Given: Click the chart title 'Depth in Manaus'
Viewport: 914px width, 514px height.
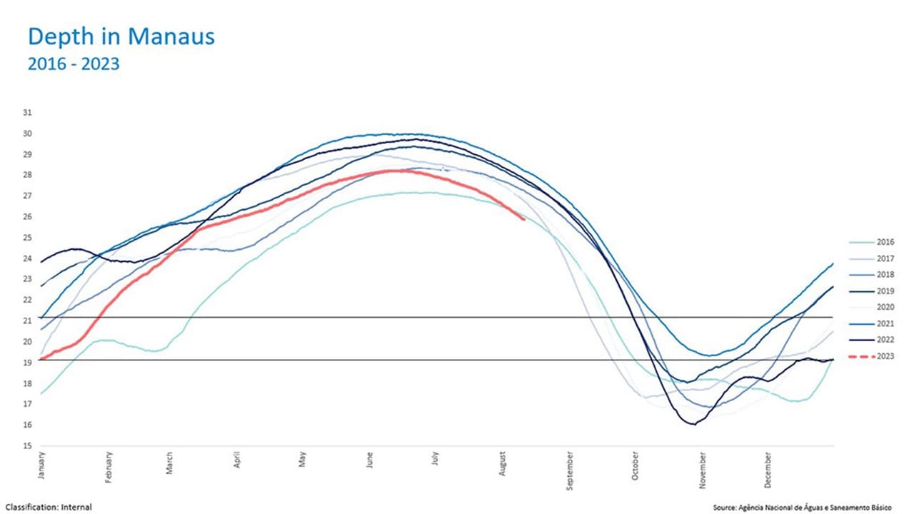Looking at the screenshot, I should [121, 37].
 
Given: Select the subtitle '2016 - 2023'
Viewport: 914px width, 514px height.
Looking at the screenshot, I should [73, 64].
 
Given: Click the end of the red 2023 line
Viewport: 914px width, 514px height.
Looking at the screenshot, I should [524, 219].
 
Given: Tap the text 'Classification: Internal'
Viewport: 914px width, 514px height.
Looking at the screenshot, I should [49, 507].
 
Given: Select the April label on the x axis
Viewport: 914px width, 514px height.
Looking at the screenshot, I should [236, 461].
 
